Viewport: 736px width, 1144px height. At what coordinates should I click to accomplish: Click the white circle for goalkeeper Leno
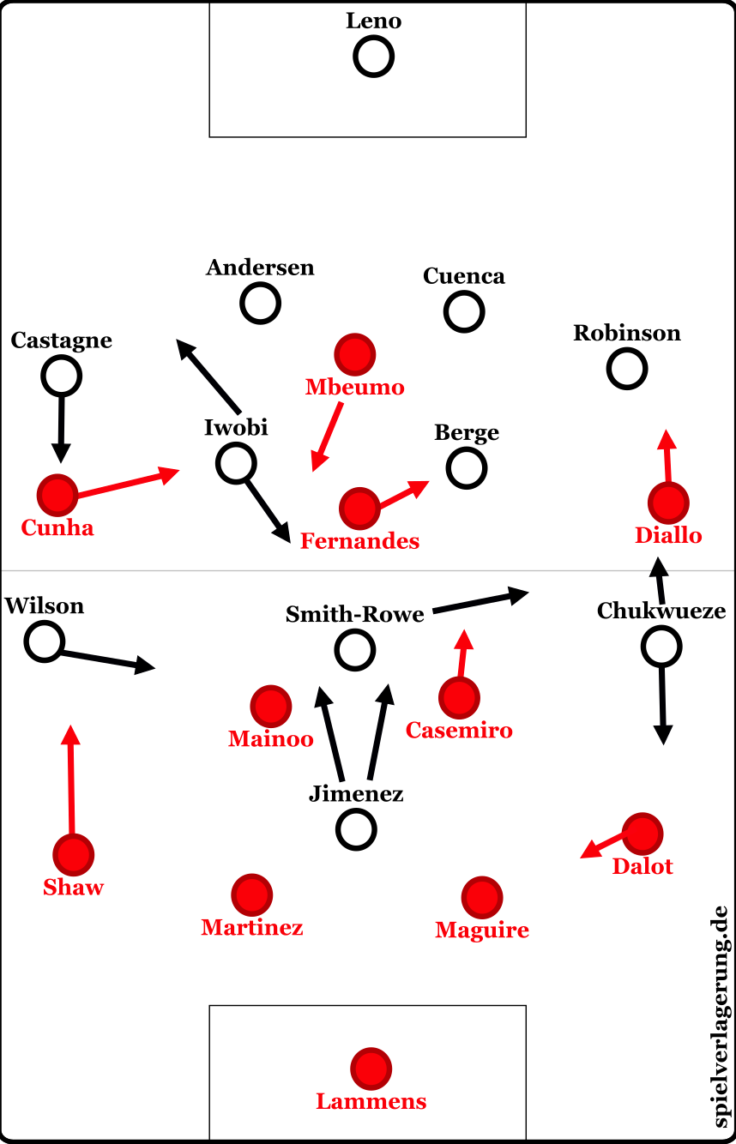373,57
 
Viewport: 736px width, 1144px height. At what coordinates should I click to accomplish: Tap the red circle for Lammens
371,1069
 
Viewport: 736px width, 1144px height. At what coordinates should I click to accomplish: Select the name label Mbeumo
354,388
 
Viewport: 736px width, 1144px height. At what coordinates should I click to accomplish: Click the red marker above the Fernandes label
359,509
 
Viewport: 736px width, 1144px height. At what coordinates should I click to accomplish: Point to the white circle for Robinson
627,369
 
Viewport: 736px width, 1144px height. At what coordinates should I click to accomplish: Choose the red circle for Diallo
668,503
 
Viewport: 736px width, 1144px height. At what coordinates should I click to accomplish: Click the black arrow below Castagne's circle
61,429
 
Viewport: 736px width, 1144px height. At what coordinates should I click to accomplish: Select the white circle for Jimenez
356,829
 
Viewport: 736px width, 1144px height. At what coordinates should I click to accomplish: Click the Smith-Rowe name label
355,614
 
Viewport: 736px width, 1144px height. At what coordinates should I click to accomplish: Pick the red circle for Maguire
481,897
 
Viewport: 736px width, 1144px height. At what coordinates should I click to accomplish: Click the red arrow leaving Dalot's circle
605,844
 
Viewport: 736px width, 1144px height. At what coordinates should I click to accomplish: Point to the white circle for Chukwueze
661,646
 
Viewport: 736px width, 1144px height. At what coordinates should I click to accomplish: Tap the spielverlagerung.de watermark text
719,1016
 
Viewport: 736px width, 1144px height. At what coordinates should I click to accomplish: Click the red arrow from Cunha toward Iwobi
128,482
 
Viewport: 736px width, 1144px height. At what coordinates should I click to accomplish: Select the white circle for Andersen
260,303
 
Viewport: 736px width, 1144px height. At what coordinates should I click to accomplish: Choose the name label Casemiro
459,731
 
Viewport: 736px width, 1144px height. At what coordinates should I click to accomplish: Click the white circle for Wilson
45,641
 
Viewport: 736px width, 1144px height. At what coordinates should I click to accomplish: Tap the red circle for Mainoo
271,706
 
